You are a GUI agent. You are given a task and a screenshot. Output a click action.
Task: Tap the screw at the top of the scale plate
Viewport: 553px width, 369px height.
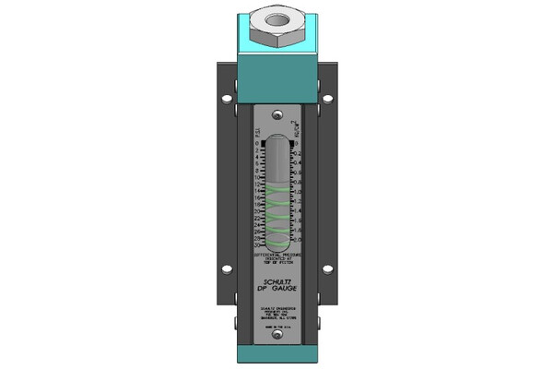[x=276, y=114]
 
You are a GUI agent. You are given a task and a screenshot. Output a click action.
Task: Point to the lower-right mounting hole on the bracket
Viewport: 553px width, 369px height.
[x=327, y=269]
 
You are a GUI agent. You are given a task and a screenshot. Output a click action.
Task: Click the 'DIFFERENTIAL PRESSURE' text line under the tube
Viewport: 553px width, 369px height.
[x=276, y=254]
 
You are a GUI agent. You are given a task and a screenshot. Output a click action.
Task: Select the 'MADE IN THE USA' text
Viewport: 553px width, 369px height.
[x=276, y=325]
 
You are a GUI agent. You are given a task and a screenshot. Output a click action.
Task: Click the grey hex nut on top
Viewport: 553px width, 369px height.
[x=276, y=26]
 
